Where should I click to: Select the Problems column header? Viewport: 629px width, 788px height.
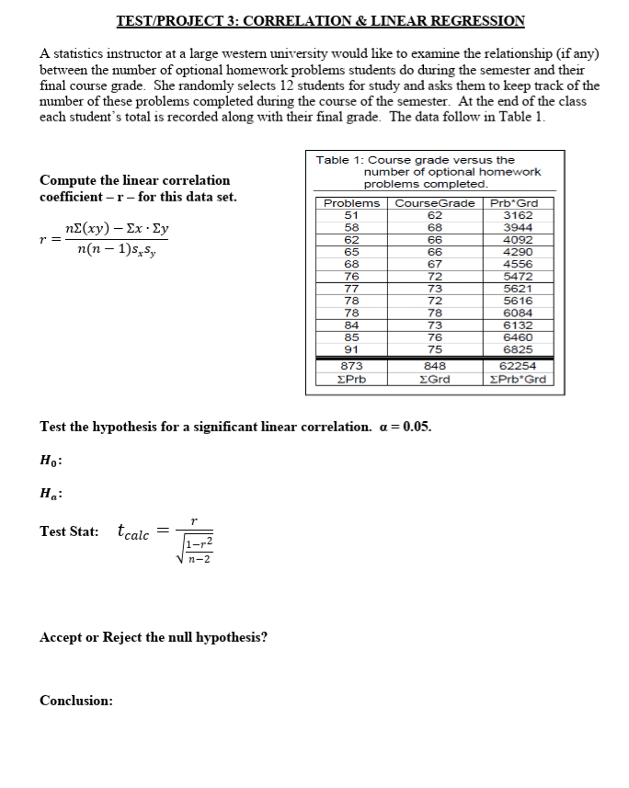pyautogui.click(x=351, y=203)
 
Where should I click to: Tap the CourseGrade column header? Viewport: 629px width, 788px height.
pyautogui.click(x=435, y=203)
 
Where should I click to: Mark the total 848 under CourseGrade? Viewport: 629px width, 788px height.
pyautogui.click(x=435, y=366)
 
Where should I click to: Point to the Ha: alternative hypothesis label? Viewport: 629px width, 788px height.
pyautogui.click(x=51, y=492)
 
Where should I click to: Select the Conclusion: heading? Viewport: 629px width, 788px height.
pyautogui.click(x=76, y=701)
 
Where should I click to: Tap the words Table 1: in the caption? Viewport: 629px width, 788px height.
pyautogui.click(x=339, y=160)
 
